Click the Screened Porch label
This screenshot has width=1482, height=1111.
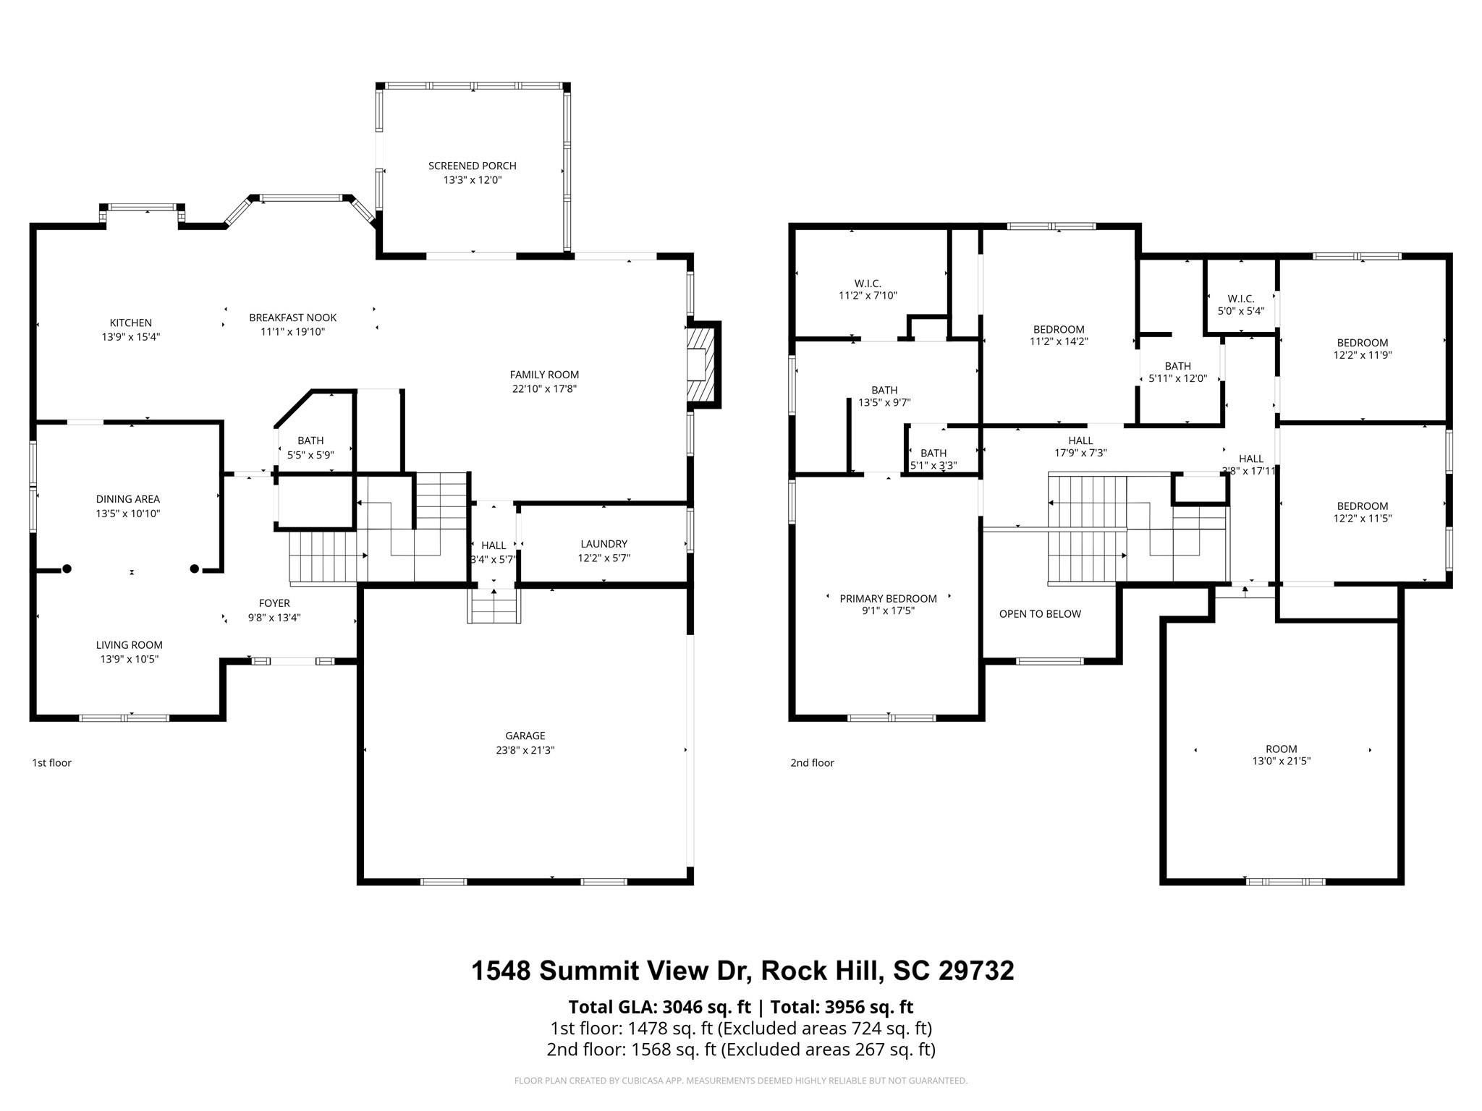click(472, 166)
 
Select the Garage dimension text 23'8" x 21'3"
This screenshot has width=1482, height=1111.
click(525, 750)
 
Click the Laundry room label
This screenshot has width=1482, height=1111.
click(604, 544)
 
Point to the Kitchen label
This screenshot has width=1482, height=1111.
click(131, 323)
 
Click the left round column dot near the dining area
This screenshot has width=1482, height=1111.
click(67, 569)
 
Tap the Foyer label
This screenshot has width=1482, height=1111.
click(274, 603)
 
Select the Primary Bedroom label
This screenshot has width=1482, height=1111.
click(888, 598)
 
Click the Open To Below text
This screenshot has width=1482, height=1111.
click(1040, 614)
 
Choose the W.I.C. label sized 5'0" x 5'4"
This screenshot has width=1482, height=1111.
click(1240, 299)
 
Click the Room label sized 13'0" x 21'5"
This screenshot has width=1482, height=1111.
click(1281, 749)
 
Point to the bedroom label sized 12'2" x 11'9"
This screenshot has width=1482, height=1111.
click(1362, 343)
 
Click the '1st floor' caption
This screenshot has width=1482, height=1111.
click(51, 762)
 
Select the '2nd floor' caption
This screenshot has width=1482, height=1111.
click(812, 762)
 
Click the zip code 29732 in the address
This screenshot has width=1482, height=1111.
click(976, 971)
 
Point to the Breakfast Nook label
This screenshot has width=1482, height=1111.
click(292, 318)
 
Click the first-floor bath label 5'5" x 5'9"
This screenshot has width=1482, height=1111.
click(310, 440)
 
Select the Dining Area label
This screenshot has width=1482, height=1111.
click(128, 499)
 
